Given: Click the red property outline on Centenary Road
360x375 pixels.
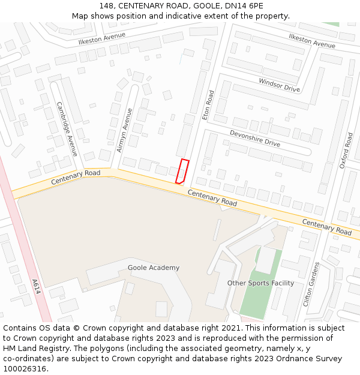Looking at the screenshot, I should pos(182,171).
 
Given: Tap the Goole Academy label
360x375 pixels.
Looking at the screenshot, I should pos(153,268).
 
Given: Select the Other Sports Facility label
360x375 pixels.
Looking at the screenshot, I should pos(260,283).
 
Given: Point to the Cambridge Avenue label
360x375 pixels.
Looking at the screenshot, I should pos(67,128).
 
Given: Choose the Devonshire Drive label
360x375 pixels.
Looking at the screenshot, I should pos(255,139).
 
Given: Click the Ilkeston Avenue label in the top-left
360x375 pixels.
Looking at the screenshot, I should pos(102,39).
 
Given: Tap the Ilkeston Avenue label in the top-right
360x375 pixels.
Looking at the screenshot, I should pos(312,41).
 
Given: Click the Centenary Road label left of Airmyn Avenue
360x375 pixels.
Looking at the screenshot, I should pos(76,176).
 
